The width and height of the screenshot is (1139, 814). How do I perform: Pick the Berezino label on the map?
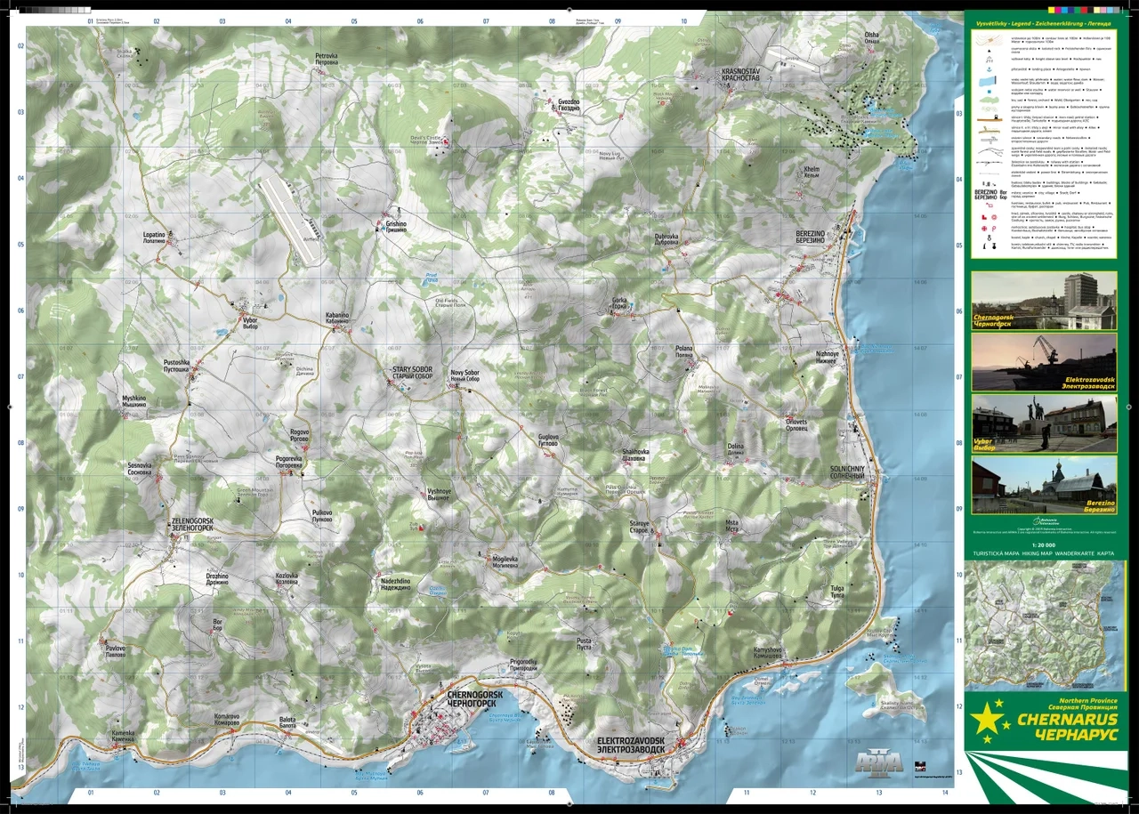804,237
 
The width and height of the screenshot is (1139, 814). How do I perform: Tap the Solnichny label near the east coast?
847,472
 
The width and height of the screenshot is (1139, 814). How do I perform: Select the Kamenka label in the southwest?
123,735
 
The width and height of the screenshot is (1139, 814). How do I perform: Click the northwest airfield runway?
291,220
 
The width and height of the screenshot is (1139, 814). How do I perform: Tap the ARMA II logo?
878,762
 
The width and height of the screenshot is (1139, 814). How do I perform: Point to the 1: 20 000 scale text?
1043,544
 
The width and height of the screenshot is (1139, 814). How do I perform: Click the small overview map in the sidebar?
1043,622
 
